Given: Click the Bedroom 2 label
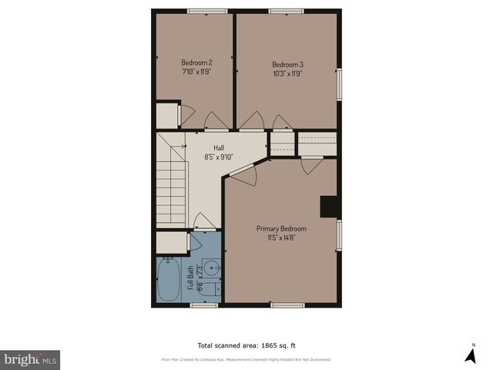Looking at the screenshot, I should click(x=196, y=62).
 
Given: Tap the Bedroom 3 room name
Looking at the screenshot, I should click(x=287, y=65).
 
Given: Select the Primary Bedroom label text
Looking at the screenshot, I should click(x=281, y=229).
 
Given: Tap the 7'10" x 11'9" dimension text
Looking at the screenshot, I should click(x=196, y=72).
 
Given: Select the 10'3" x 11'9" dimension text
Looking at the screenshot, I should click(x=287, y=74).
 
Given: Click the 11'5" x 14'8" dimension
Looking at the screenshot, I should click(x=281, y=238).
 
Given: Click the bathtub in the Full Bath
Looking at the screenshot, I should click(x=168, y=281).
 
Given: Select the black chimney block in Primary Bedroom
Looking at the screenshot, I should click(x=329, y=207).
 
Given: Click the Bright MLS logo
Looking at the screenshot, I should click(x=30, y=360).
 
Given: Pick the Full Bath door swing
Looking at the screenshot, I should click(x=204, y=222).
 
